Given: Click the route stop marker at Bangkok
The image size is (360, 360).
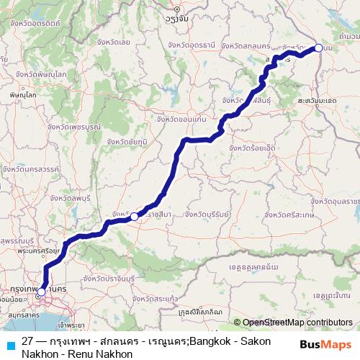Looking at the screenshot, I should click(42, 292).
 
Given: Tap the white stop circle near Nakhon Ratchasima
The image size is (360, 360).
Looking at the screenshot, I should click(134, 216).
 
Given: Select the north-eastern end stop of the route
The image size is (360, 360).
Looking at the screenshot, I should click(319, 48).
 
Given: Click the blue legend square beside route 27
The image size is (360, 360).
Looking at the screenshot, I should click(8, 344).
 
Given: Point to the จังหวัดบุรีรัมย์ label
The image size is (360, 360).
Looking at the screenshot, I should click(209, 214).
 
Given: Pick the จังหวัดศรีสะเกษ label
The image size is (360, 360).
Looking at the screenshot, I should click(291, 215).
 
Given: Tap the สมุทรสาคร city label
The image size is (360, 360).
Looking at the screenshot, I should click(22, 315).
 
